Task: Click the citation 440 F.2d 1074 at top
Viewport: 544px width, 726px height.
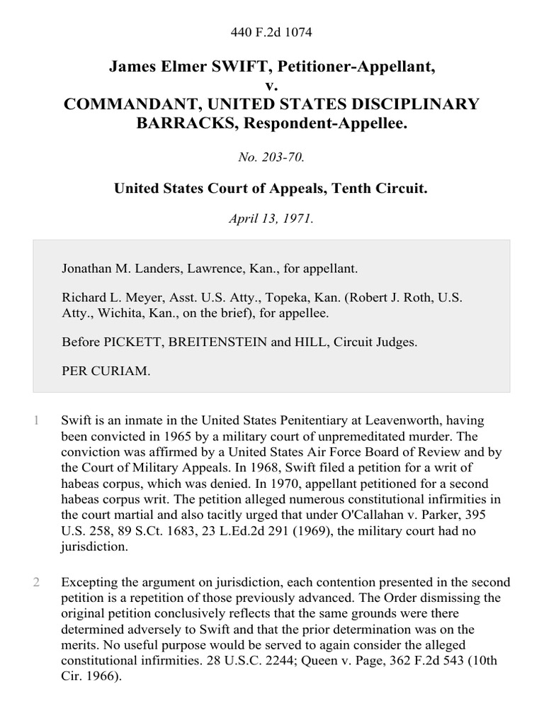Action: click(x=272, y=32)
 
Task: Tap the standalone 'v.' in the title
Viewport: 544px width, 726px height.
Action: click(x=272, y=86)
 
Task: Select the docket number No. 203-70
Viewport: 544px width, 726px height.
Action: click(x=272, y=157)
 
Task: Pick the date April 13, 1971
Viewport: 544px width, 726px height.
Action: click(x=272, y=219)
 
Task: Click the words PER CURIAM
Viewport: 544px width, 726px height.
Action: click(x=106, y=371)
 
